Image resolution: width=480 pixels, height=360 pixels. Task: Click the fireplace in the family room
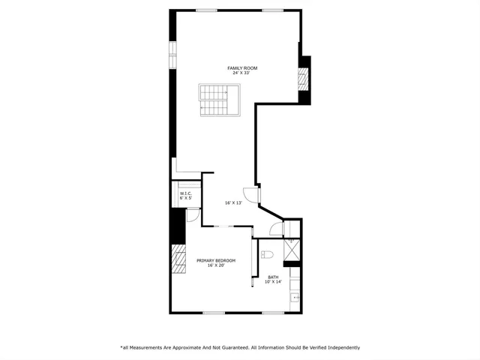point(304,78)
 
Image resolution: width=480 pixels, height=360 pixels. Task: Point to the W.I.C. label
point(186,193)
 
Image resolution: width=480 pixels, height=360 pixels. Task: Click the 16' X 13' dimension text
point(233,202)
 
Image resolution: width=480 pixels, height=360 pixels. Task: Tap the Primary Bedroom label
point(216,260)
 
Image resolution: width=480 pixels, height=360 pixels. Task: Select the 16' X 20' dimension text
point(216,265)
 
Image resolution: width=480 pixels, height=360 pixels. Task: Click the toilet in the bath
point(266,255)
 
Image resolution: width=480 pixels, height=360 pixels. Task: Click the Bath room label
point(273,277)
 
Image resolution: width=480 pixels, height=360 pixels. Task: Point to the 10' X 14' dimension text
point(273,283)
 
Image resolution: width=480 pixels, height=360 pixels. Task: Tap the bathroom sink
point(295,298)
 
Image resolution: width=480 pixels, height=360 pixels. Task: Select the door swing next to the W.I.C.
point(193,214)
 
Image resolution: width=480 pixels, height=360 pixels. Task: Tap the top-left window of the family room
point(206,10)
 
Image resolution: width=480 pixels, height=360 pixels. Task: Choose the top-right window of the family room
point(272,10)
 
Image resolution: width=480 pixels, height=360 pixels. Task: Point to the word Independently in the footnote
point(339,347)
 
